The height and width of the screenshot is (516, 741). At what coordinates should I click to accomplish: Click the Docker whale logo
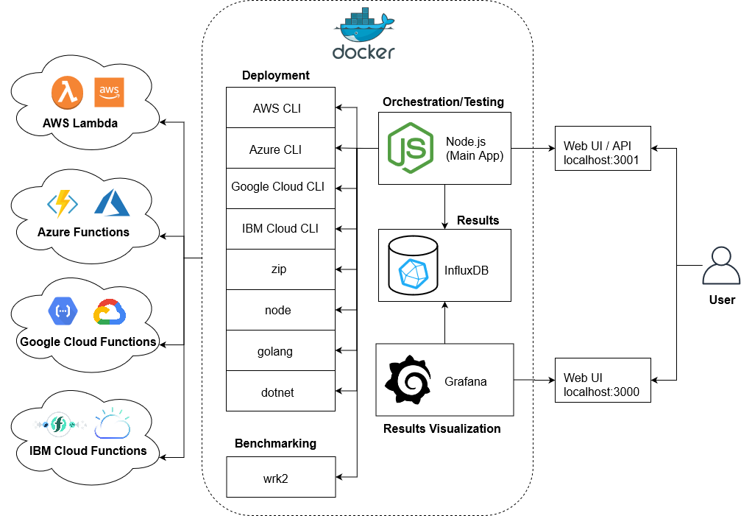click(x=364, y=27)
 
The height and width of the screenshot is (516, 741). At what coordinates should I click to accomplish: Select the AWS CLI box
click(x=280, y=108)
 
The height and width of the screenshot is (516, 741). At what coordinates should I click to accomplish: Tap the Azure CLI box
click(x=280, y=149)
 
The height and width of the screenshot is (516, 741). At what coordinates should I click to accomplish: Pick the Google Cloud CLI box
click(x=280, y=187)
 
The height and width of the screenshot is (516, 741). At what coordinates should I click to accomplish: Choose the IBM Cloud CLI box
click(x=280, y=228)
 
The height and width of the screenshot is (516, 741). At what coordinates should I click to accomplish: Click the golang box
click(x=280, y=351)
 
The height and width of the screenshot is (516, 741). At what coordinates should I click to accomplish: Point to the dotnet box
click(x=280, y=392)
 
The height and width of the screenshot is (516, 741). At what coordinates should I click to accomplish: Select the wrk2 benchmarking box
click(x=280, y=478)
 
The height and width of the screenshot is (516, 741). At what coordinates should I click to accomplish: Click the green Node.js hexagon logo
click(x=410, y=147)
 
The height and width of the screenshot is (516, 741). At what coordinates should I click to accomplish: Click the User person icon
click(x=721, y=266)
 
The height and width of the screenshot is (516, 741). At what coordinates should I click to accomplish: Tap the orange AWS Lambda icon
click(x=67, y=93)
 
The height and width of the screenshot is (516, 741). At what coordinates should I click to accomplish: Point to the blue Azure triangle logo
click(x=112, y=202)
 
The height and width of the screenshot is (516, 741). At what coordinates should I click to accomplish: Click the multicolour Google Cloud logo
click(x=110, y=312)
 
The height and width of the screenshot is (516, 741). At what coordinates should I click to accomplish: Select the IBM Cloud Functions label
click(x=88, y=450)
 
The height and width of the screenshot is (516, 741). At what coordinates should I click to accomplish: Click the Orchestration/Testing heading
click(x=443, y=102)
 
